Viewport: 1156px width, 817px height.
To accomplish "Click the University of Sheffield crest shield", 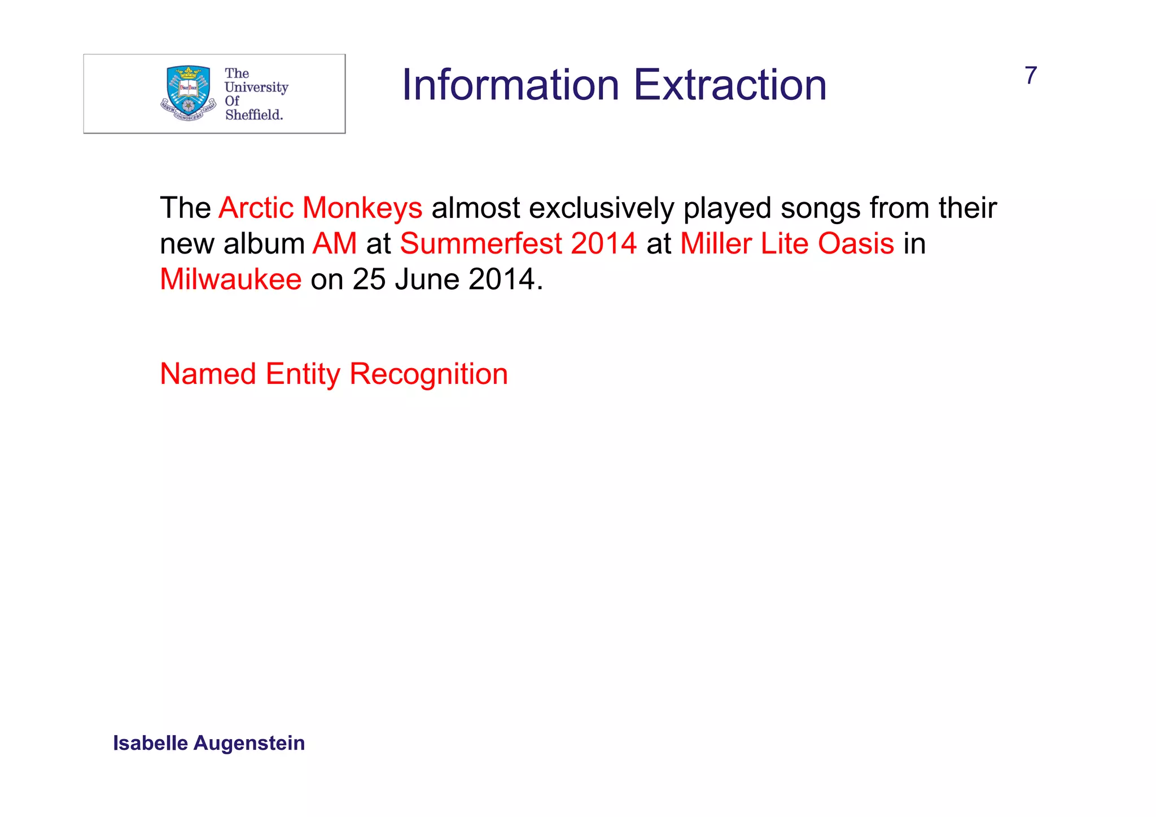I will [188, 90].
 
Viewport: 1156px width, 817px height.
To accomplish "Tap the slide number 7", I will [1031, 76].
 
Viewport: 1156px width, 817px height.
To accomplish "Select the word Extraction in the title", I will [730, 85].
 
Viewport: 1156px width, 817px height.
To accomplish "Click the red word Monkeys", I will [362, 208].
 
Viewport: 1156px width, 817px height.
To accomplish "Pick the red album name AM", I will [335, 244].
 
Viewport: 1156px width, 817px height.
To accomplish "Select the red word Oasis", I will [856, 244].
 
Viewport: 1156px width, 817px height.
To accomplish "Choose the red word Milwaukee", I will [231, 279].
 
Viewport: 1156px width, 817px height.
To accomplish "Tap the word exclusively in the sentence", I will [602, 208].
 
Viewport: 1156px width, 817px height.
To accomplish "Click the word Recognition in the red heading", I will [428, 374].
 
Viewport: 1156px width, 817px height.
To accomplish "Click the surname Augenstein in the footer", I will [249, 743].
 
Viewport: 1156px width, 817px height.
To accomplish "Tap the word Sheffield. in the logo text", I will [254, 115].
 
